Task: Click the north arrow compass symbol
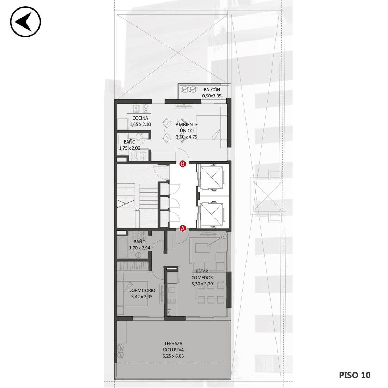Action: click(25, 22)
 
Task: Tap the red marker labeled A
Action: click(183, 229)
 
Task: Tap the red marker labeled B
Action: click(183, 164)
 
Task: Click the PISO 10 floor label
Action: click(354, 375)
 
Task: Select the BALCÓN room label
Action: click(212, 90)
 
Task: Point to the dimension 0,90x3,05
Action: click(212, 96)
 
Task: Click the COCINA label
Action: click(140, 118)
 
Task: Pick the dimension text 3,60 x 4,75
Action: click(187, 137)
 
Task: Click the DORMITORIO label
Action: click(142, 290)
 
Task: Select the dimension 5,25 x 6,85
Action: click(173, 356)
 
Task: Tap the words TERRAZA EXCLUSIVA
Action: click(173, 347)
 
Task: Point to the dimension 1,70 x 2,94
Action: click(140, 248)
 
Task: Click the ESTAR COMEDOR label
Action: click(202, 274)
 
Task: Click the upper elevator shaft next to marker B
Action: click(211, 177)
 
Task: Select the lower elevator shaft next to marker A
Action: click(211, 214)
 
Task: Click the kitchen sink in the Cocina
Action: click(135, 108)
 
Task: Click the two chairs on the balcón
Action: click(189, 89)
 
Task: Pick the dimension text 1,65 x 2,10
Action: click(140, 125)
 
